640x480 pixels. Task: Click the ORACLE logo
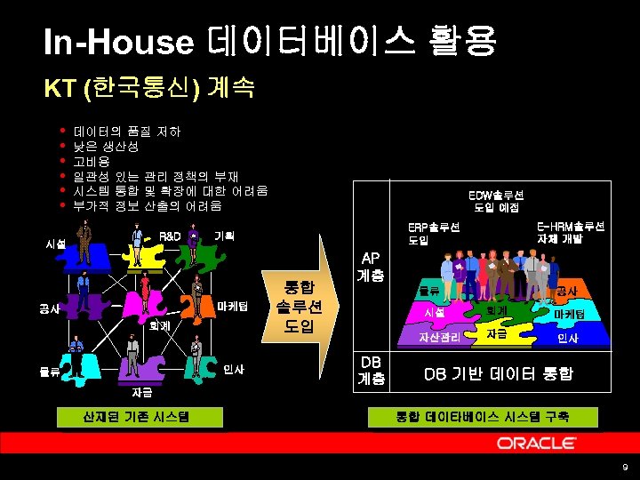pos(537,443)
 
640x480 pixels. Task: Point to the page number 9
pos(625,468)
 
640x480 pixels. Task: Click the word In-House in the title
pos(119,42)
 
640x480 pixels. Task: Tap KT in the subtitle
pos(60,88)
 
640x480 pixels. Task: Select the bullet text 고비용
pos(92,162)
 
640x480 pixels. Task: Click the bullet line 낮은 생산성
pos(106,147)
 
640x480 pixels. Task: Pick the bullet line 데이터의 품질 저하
pos(127,132)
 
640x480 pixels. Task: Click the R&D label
pos(170,236)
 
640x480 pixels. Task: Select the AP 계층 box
pos(371,268)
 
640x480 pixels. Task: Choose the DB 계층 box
pos(371,371)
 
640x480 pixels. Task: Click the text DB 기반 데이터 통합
pos(498,375)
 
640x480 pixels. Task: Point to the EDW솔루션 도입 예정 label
pos(496,201)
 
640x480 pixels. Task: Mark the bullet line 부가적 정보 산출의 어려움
pos(148,205)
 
